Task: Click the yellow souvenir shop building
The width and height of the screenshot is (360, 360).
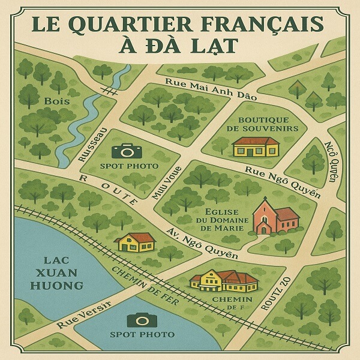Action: (256, 146)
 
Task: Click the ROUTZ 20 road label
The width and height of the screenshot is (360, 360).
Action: (274, 292)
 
